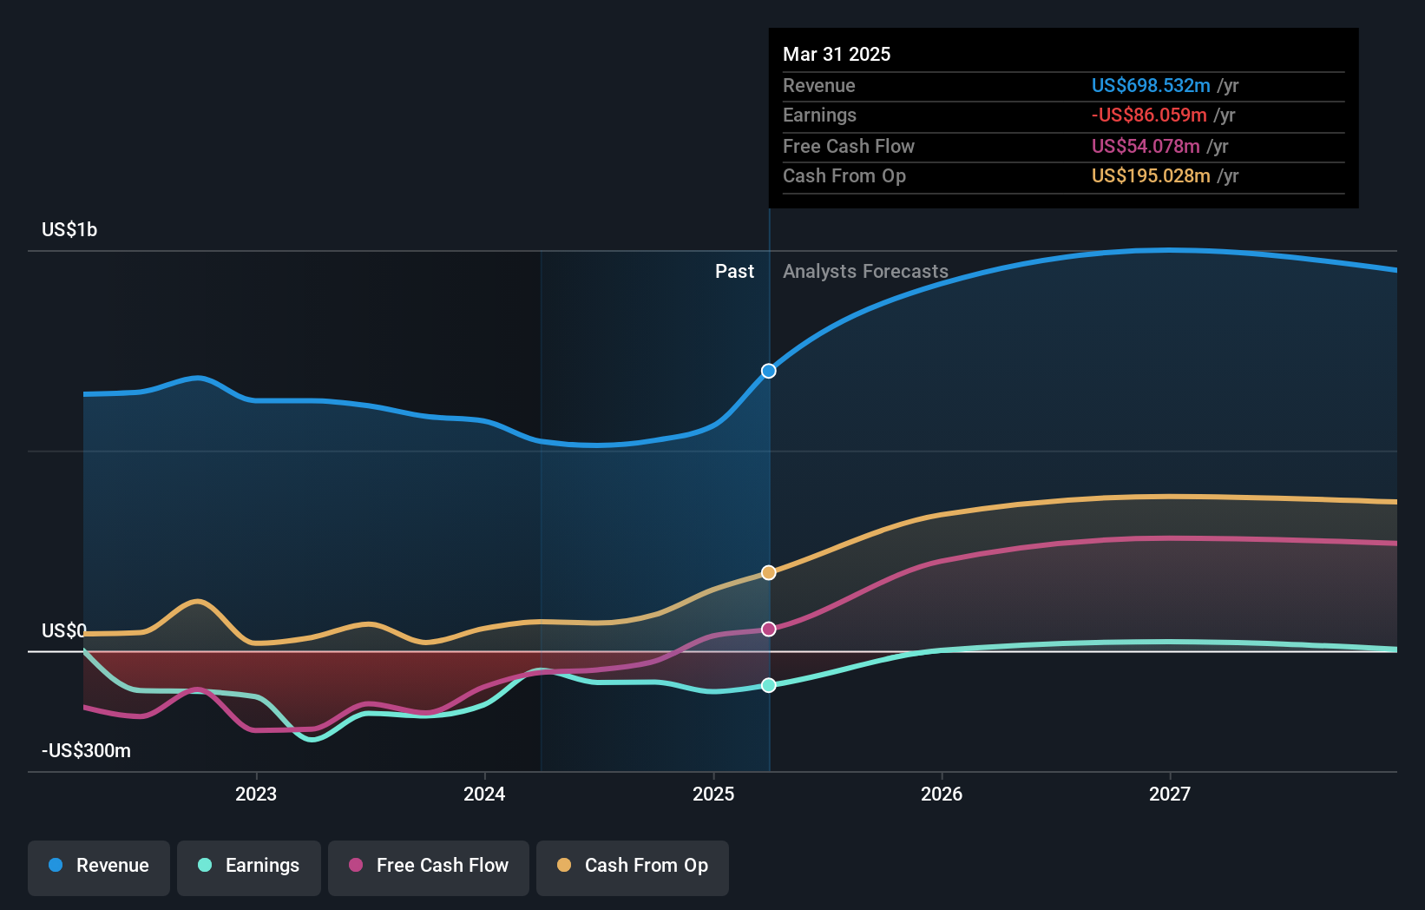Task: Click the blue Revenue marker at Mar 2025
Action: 769,371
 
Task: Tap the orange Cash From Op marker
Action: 769,572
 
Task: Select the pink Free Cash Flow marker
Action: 769,629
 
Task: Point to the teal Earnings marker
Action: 769,685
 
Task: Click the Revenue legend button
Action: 99,866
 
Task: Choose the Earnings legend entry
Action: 249,866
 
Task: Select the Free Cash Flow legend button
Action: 429,866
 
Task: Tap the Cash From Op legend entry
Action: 633,866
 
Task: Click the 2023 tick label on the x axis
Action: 256,794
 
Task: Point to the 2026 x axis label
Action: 942,794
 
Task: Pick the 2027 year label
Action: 1170,794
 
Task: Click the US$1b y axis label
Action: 69,229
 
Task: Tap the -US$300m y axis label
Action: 86,750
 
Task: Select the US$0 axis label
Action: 64,630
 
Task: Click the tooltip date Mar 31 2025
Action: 837,54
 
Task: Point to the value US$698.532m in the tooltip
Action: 1151,85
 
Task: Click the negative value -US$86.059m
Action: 1149,115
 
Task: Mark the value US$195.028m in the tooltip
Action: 1151,175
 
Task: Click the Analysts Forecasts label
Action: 865,271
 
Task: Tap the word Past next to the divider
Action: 734,271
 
